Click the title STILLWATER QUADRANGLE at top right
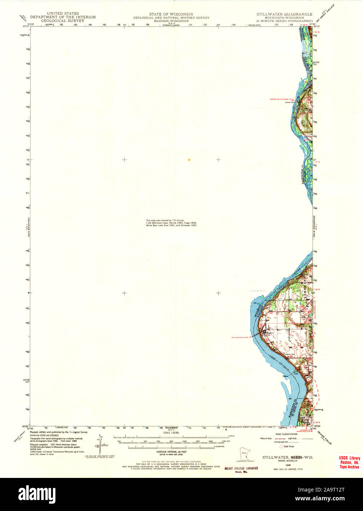[x=284, y=14]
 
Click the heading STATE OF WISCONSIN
[x=171, y=14]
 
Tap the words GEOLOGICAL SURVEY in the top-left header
[x=63, y=21]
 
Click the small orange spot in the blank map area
[x=189, y=160]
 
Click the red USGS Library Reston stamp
[x=349, y=462]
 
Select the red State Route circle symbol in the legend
[x=282, y=446]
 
